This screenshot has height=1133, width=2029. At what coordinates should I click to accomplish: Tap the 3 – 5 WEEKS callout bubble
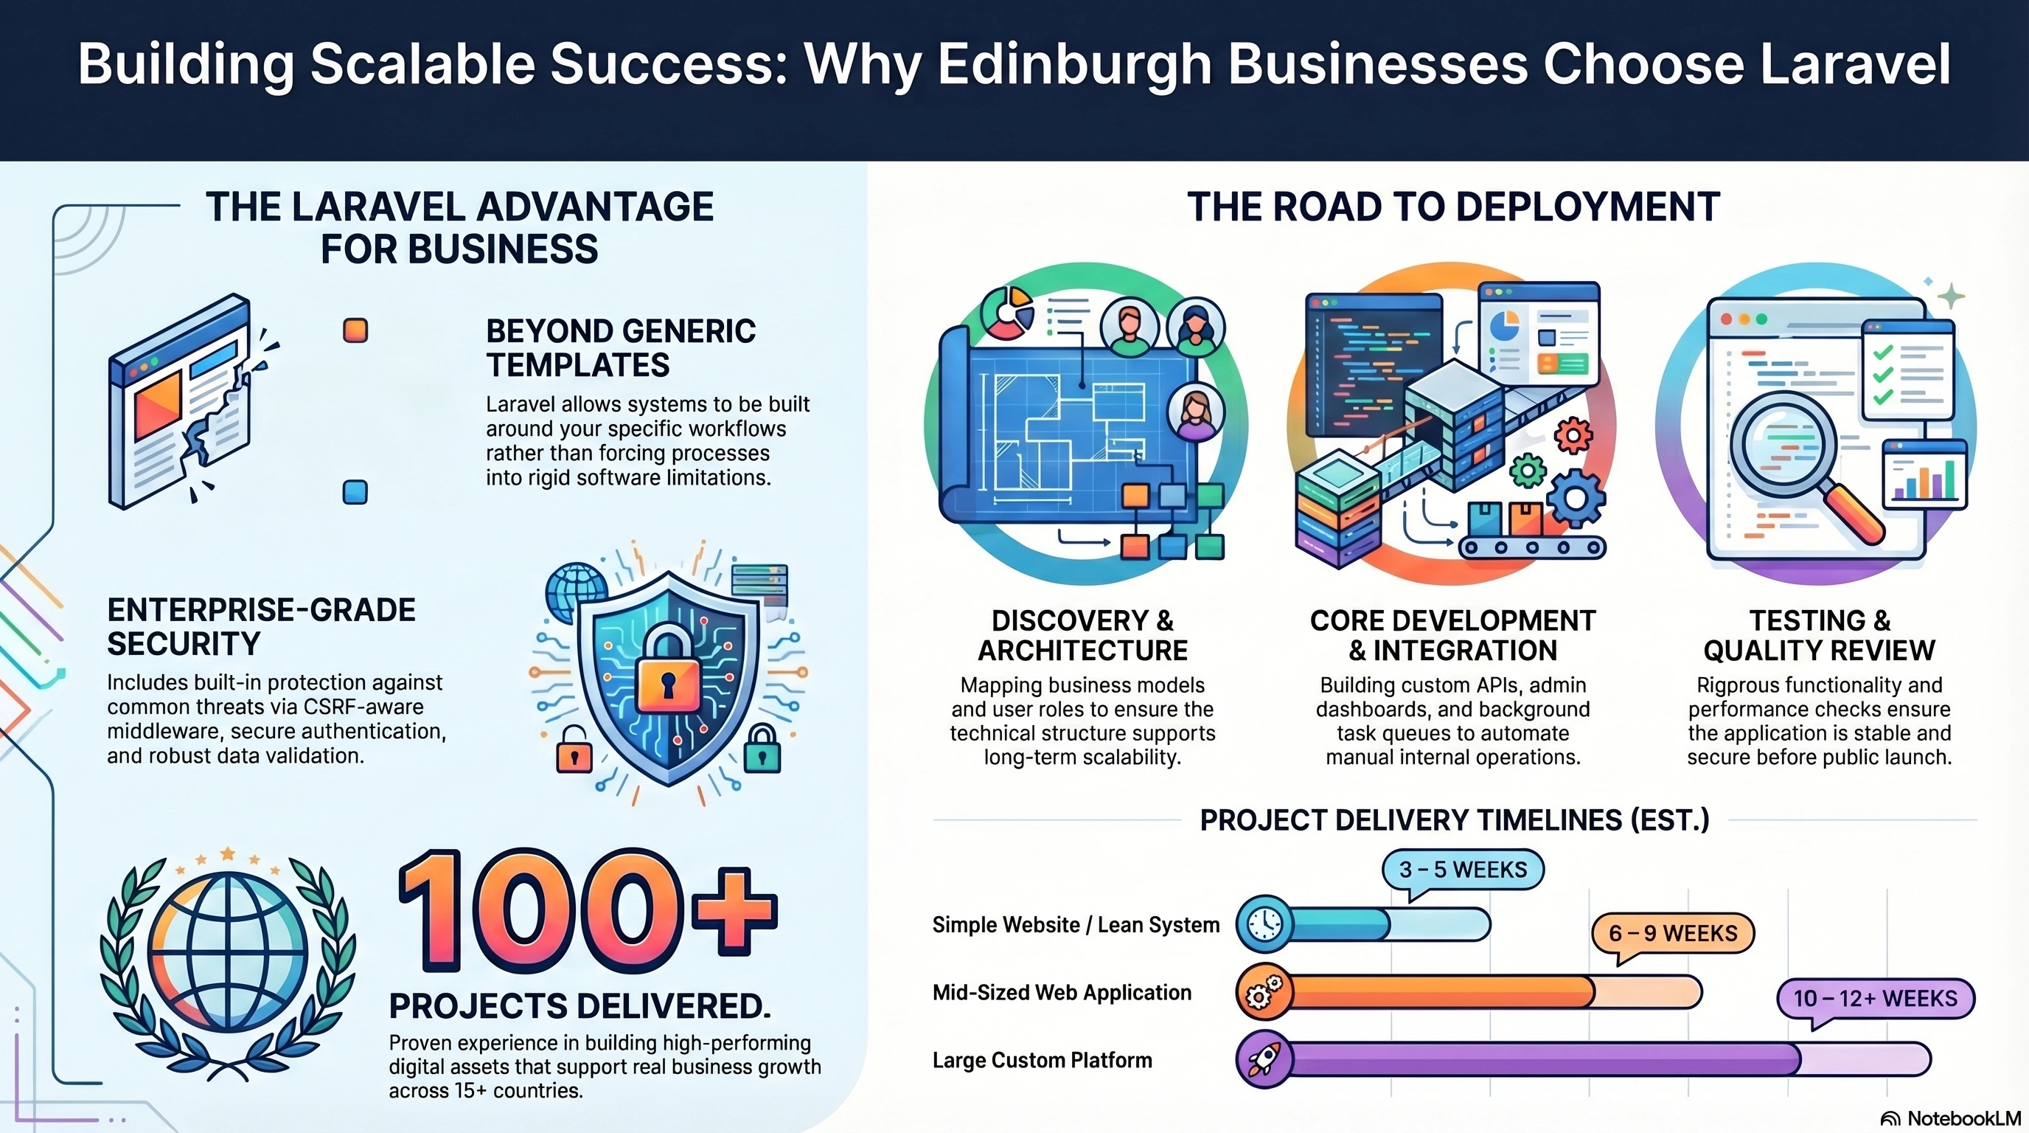coord(1463,870)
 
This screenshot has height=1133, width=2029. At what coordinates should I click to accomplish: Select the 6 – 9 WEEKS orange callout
coord(1673,935)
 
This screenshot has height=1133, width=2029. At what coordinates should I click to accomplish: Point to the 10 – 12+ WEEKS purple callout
coord(1876,999)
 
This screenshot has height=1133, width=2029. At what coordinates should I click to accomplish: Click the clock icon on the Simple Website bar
coord(1264,924)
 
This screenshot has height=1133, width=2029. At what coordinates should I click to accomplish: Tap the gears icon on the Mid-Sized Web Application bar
coord(1264,992)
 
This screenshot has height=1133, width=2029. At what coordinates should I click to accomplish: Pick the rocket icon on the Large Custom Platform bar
coord(1264,1060)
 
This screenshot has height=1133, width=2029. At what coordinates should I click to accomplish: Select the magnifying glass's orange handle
coord(1854,512)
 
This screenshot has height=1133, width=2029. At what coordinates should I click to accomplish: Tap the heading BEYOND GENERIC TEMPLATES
coord(621,348)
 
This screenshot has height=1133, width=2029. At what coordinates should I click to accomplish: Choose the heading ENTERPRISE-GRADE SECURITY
coord(262,627)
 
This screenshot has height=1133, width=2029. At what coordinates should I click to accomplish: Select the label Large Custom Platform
coord(1042,1061)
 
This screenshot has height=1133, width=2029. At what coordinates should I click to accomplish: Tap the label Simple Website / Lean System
coord(1076,925)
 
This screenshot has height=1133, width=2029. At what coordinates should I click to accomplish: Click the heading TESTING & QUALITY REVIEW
coord(1820,635)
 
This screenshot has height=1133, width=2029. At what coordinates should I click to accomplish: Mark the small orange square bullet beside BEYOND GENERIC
coord(355,330)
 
